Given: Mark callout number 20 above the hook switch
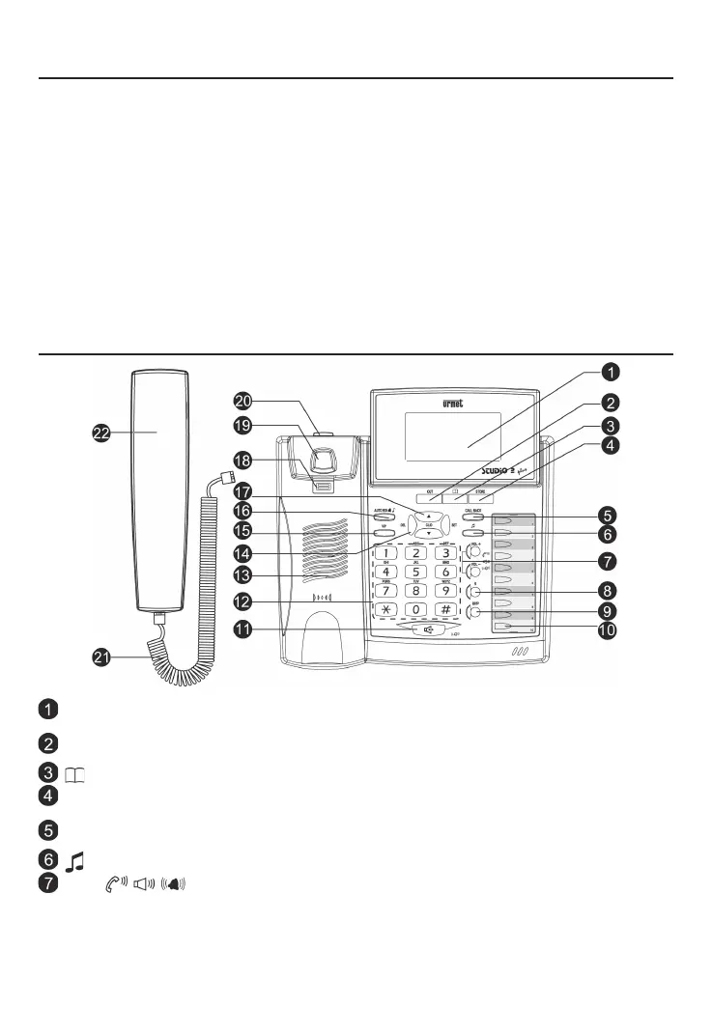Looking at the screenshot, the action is tap(242, 400).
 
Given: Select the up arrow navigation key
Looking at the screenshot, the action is tap(427, 516).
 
